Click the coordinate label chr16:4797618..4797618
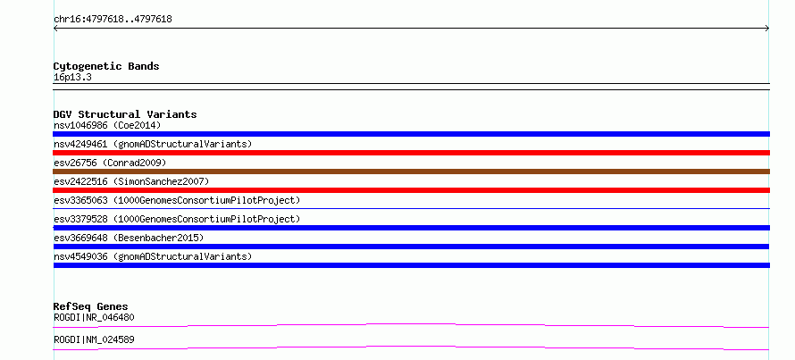[x=113, y=20]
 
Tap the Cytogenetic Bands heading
[x=106, y=66]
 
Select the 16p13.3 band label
[x=72, y=78]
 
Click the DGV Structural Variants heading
[x=125, y=114]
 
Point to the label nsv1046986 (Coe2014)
[x=107, y=125]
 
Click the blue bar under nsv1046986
[x=411, y=134]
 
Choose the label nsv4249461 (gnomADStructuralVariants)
[x=153, y=144]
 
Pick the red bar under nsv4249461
[x=411, y=153]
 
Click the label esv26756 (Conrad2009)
[x=110, y=163]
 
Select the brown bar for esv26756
[x=411, y=172]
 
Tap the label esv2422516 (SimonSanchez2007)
[x=131, y=181]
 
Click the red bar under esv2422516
[x=411, y=190]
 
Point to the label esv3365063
[x=80, y=200]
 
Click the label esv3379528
[x=80, y=219]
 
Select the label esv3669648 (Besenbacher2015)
[x=129, y=238]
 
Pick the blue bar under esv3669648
[x=411, y=247]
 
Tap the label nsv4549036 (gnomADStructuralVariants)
[x=153, y=256]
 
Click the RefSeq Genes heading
[x=91, y=306]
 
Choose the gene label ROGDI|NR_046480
[x=94, y=317]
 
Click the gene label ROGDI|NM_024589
[x=94, y=339]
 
